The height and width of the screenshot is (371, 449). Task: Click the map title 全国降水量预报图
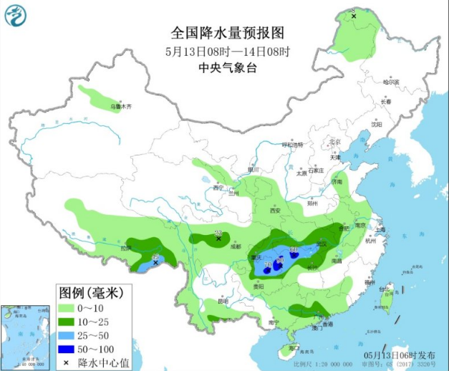point(228,33)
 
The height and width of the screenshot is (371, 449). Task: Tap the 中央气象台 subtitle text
point(228,67)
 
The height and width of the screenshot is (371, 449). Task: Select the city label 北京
point(333,142)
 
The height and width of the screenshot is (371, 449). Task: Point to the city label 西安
point(275,211)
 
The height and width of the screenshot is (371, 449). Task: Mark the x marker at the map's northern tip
point(354,14)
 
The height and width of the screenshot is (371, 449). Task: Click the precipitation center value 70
point(267,264)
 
